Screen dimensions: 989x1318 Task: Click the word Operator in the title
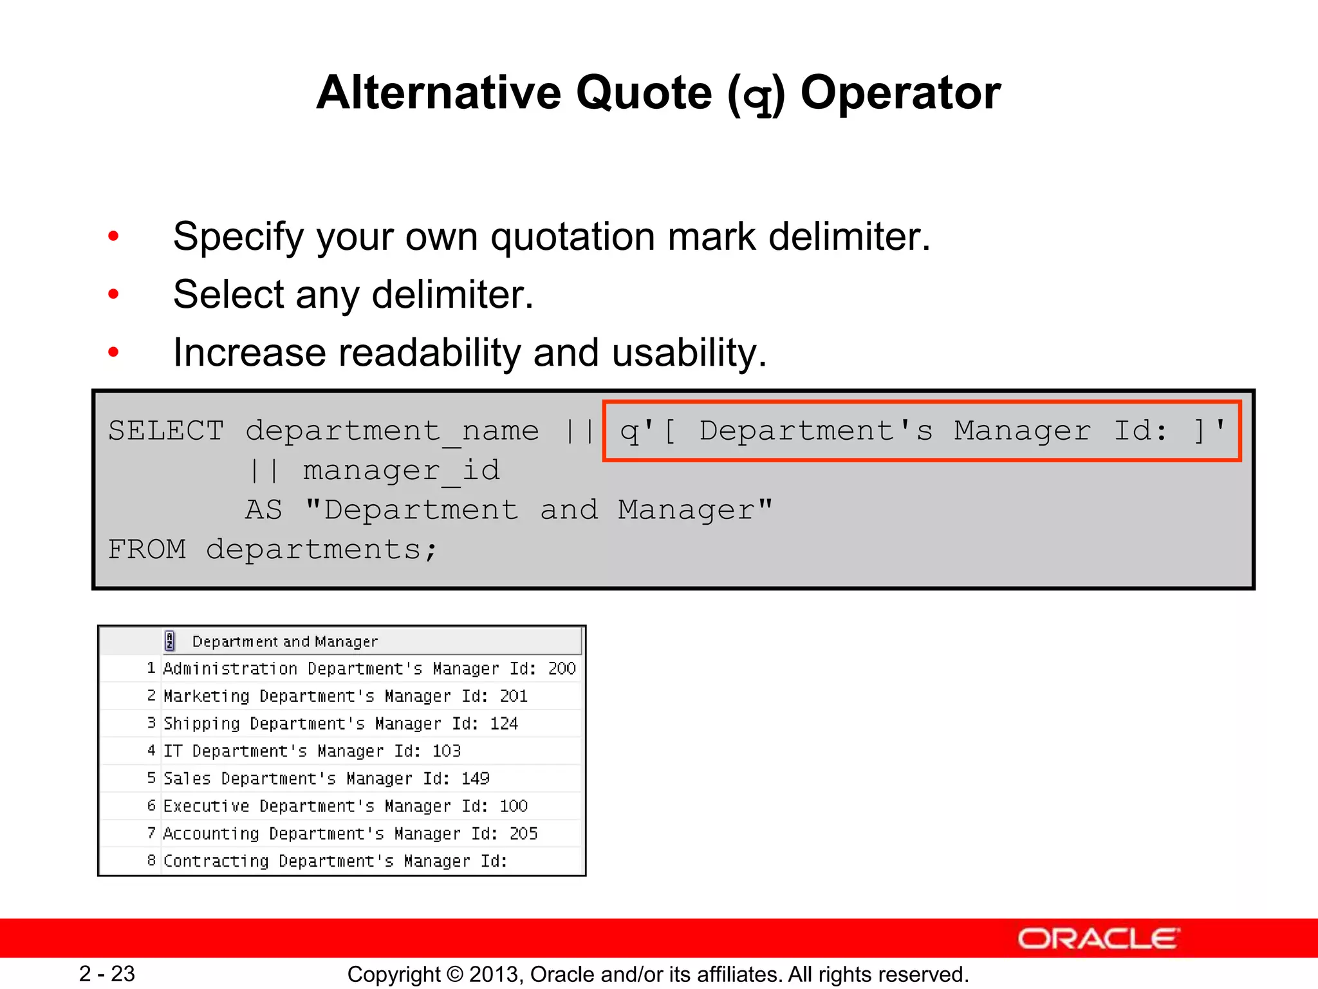point(900,93)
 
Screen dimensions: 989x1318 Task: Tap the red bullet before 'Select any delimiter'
point(114,295)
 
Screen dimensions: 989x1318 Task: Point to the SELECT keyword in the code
point(166,431)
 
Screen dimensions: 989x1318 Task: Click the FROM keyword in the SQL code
point(147,550)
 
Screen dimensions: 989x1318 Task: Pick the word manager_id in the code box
point(401,471)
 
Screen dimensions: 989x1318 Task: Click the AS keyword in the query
point(264,510)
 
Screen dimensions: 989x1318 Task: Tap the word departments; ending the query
point(322,550)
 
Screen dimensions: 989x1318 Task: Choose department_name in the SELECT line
point(392,431)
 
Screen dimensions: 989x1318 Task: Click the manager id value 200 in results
point(562,669)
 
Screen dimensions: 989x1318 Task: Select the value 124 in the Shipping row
point(504,724)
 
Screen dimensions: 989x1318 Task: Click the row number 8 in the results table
point(151,861)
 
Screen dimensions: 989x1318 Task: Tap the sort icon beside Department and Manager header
point(170,641)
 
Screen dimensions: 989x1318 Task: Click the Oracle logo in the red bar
point(1098,939)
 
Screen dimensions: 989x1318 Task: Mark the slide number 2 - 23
point(107,974)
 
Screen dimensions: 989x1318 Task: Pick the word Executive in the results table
point(206,806)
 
